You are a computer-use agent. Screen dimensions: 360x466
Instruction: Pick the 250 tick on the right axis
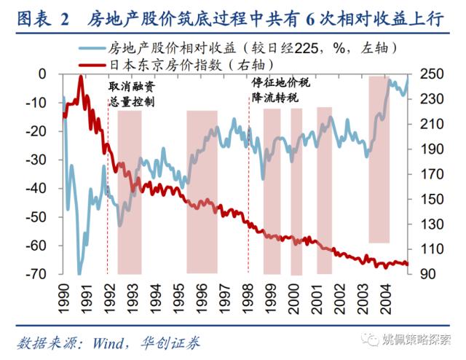click(x=426, y=74)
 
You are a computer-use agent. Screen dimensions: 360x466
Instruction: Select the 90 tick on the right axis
click(x=423, y=274)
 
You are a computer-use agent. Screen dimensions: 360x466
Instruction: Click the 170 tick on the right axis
click(x=426, y=174)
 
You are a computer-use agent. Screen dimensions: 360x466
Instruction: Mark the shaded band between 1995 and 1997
click(x=202, y=191)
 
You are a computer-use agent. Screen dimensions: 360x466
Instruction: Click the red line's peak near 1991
click(x=80, y=77)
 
